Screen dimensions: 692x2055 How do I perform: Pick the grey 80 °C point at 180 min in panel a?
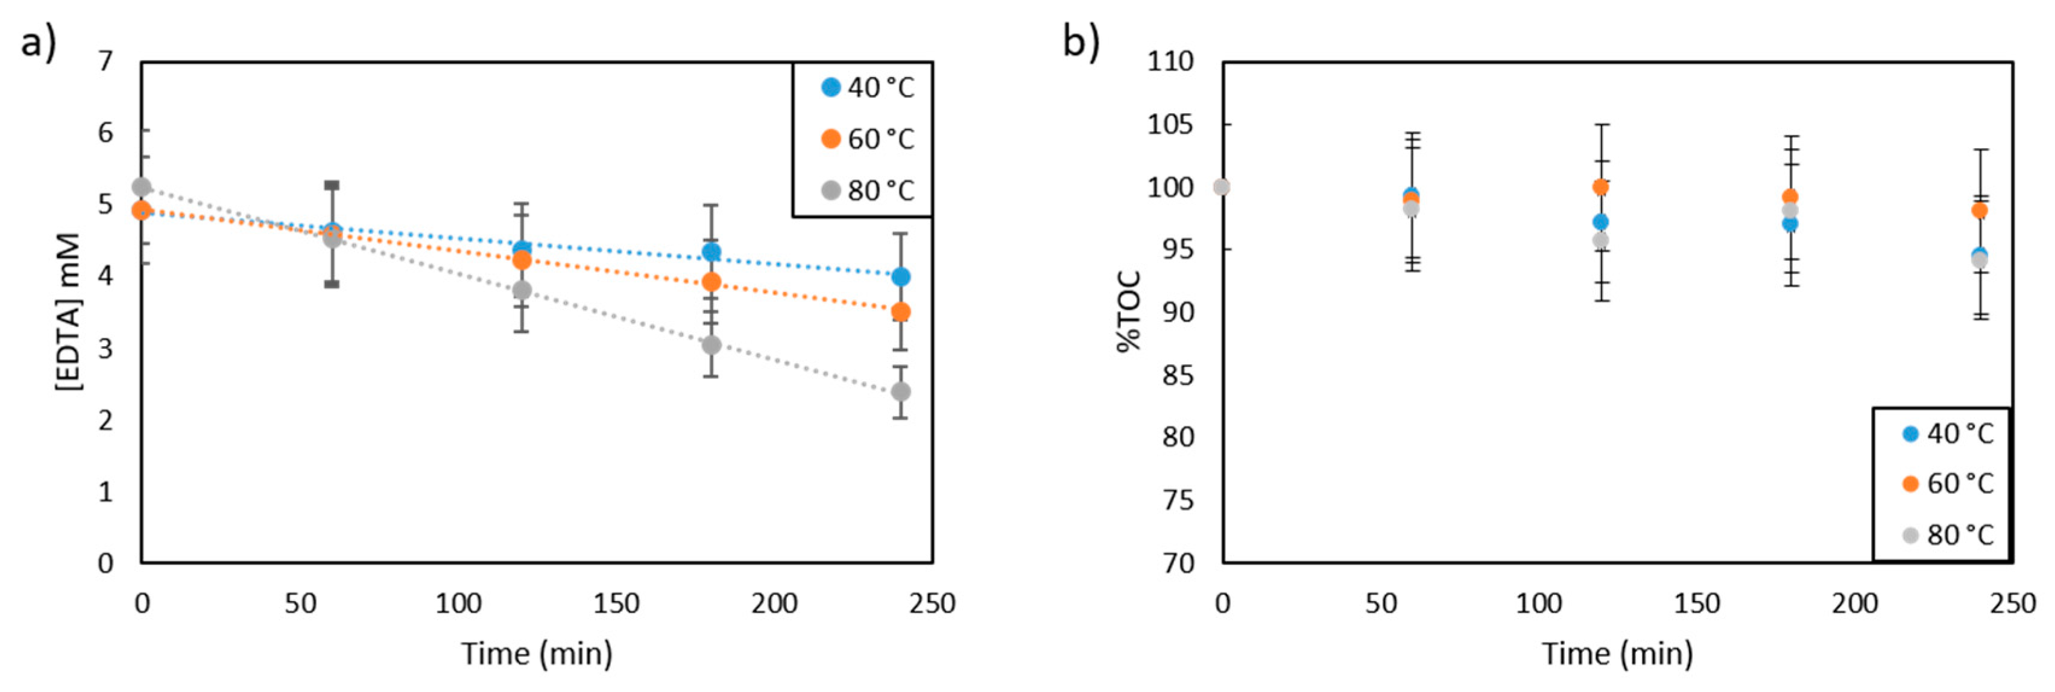[x=712, y=344]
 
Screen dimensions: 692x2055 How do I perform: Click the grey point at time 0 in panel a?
[x=141, y=187]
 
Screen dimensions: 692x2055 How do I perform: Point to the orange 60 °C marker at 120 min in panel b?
[x=1600, y=187]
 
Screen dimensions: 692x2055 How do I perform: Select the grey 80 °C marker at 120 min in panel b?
[x=1600, y=240]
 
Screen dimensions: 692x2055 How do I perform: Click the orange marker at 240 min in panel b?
[x=1979, y=210]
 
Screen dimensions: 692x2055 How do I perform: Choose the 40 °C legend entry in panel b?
[x=1947, y=434]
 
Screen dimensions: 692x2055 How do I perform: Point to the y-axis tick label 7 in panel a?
[x=106, y=61]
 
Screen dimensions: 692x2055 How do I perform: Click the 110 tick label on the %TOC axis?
[x=1170, y=61]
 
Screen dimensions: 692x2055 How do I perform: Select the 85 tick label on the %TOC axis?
[x=1178, y=375]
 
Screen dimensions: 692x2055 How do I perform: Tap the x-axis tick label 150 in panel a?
[x=616, y=603]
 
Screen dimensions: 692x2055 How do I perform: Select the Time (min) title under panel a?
[x=537, y=653]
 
